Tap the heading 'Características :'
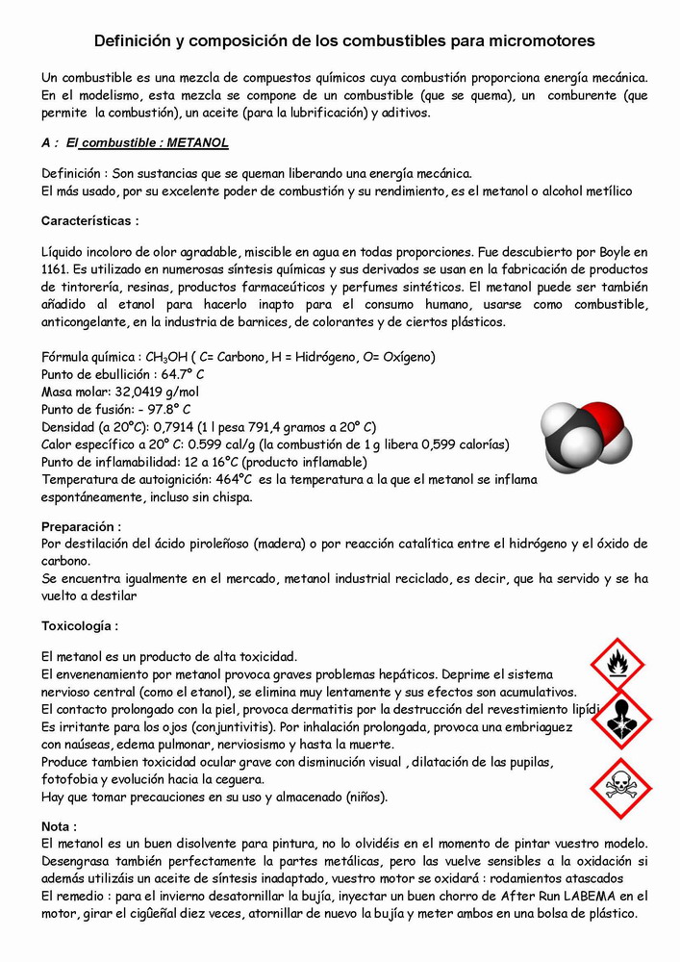click(90, 220)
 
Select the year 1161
click(59, 269)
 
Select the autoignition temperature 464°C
click(233, 479)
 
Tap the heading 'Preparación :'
click(81, 526)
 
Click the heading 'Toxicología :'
click(80, 625)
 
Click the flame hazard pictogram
click(617, 665)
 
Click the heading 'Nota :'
click(60, 825)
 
